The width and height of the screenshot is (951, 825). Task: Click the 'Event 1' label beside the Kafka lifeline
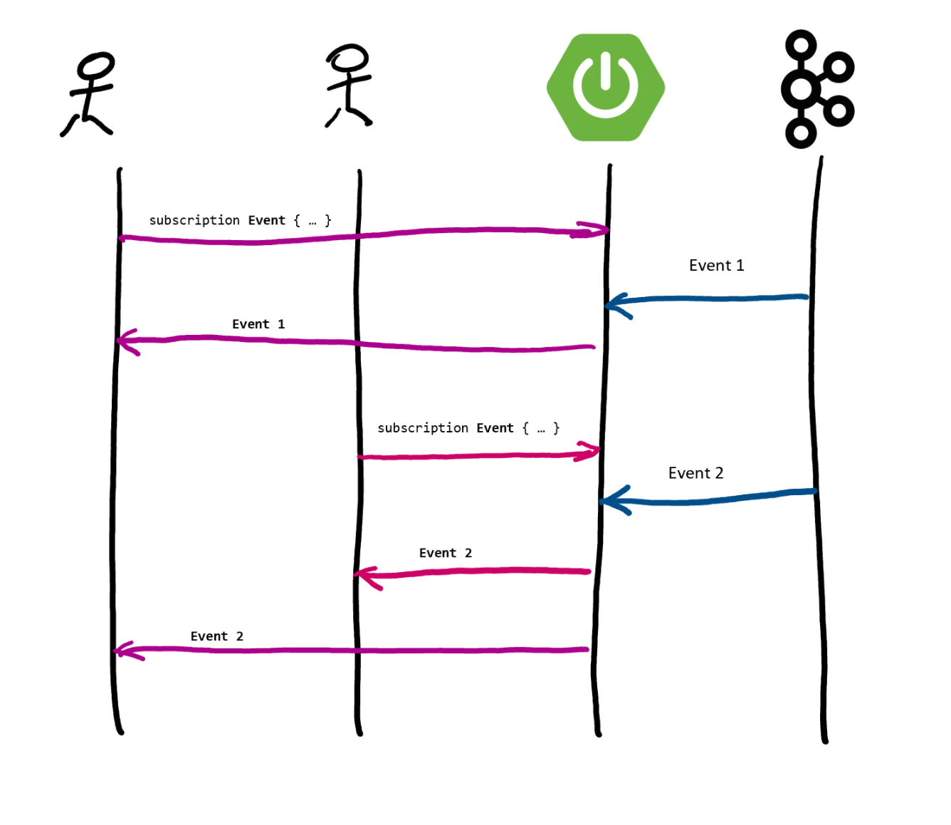click(716, 266)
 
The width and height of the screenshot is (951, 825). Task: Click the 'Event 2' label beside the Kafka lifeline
click(695, 474)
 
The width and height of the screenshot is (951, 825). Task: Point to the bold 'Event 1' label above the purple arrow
click(258, 324)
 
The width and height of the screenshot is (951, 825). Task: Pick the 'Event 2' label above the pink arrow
click(445, 554)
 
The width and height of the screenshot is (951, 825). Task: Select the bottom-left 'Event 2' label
click(216, 637)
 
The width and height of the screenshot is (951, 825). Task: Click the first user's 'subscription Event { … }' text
click(240, 221)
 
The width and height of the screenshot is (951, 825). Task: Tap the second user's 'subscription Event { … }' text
click(468, 428)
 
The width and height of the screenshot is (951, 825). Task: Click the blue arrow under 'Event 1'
click(712, 299)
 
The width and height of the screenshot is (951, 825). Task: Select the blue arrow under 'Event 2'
click(712, 499)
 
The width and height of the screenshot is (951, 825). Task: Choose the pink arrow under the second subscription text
click(477, 455)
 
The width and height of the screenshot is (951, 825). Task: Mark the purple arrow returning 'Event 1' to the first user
click(356, 343)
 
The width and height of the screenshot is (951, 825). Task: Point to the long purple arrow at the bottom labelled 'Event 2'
click(356, 650)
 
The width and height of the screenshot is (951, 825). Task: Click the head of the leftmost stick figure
click(96, 66)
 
